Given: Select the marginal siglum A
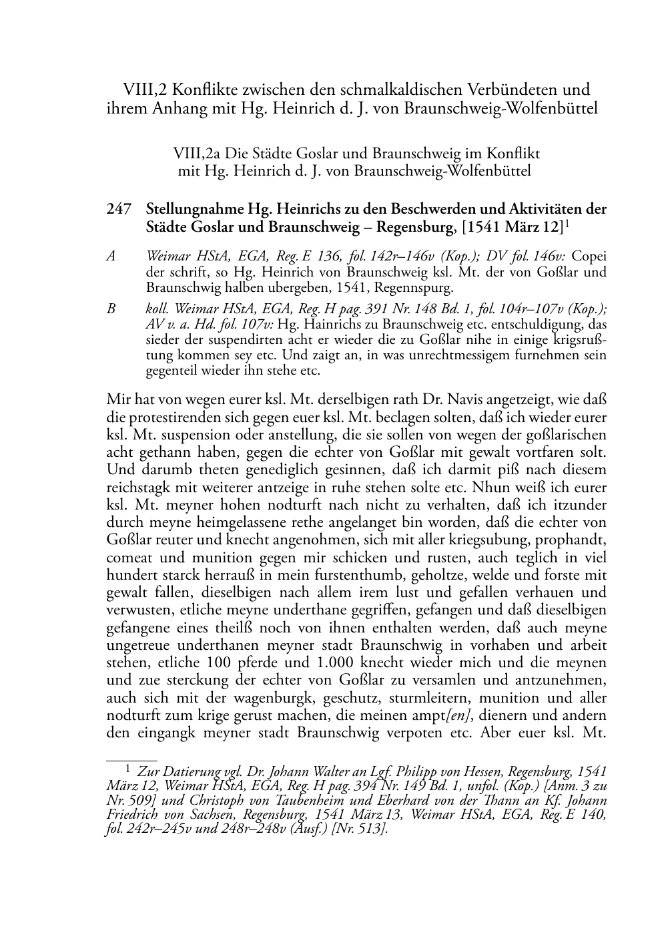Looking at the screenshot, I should (111, 255).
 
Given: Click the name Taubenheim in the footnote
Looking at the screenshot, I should (324, 799).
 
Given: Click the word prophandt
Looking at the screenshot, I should (573, 540).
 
